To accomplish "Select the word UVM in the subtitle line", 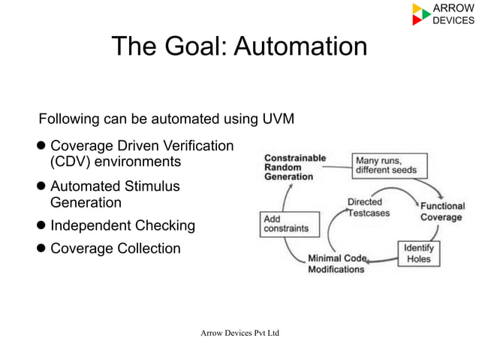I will [x=278, y=119].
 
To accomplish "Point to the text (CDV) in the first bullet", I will [x=69, y=162].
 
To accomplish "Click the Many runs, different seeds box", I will [x=390, y=165].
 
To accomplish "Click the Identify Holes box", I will [x=418, y=253].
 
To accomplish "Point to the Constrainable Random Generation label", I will [x=294, y=167].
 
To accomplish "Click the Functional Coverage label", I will [x=441, y=211].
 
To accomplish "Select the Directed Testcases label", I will [x=366, y=207].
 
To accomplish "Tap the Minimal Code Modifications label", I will [x=337, y=264].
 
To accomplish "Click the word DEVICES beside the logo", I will [x=454, y=20].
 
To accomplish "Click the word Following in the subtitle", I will [x=69, y=119].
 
